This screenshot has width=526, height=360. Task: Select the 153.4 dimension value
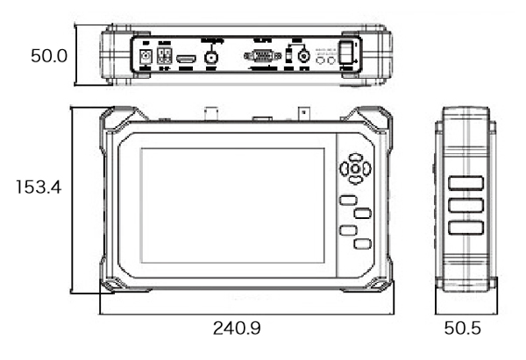37,187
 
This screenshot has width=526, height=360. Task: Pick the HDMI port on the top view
186,59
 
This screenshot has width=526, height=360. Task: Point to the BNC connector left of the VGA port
211,58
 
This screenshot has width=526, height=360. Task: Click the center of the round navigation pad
354,169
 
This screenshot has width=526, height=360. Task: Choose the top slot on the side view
467,185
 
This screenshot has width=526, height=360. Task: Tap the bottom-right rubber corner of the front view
379,285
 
